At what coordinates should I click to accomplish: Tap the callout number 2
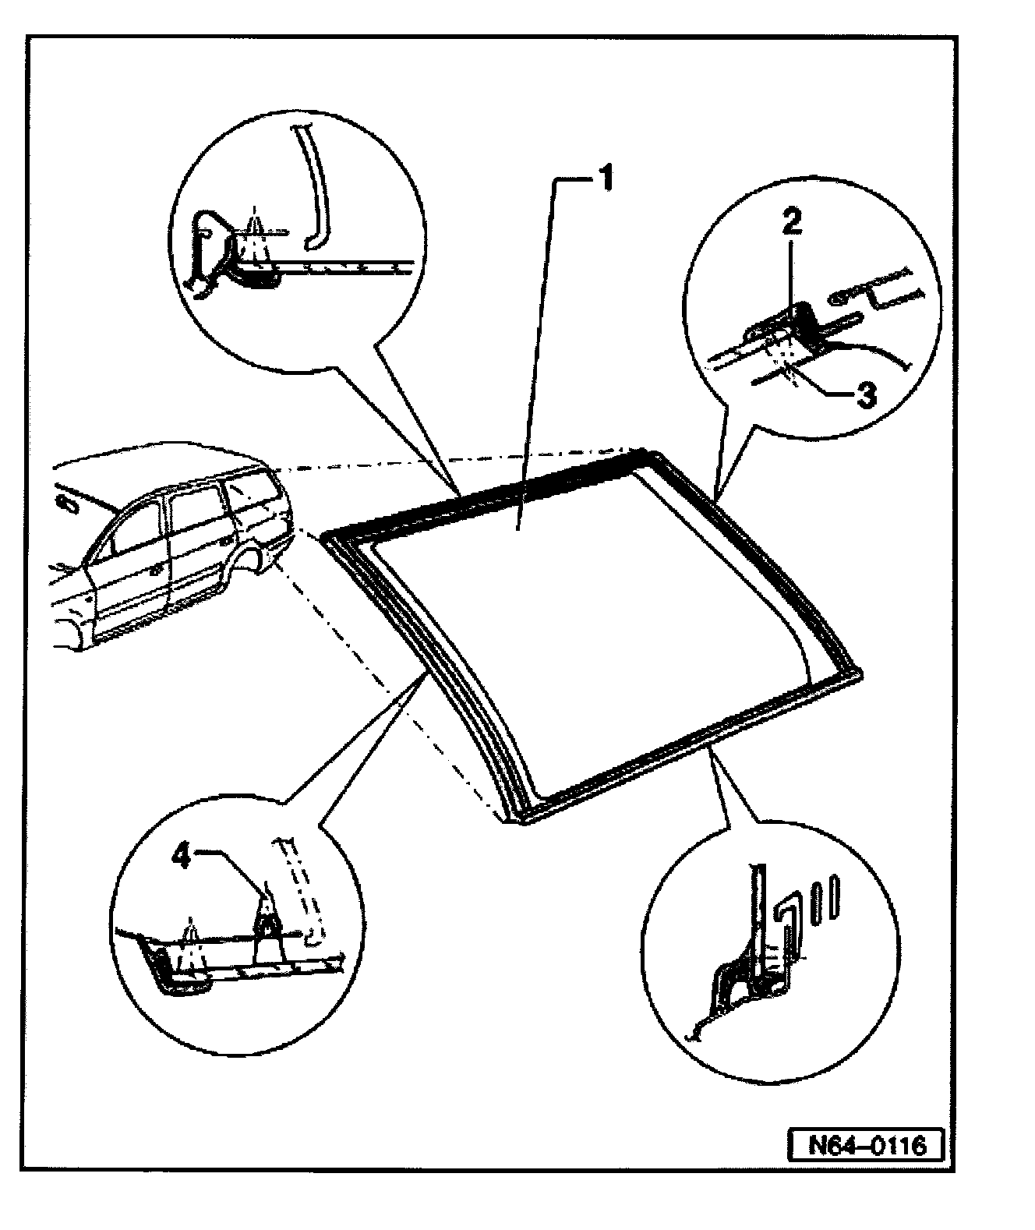[x=790, y=224]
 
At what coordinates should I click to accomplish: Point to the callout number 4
[x=182, y=857]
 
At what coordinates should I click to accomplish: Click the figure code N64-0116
[x=865, y=1145]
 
